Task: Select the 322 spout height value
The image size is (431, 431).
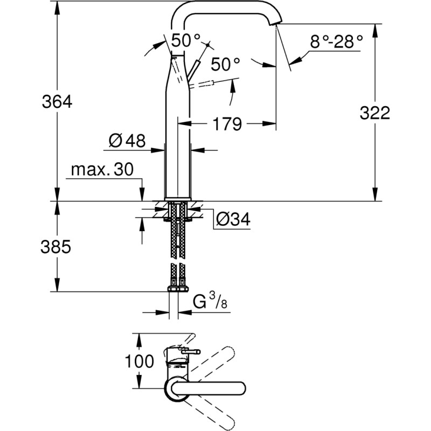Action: [x=374, y=113]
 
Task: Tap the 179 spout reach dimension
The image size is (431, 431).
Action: [x=226, y=124]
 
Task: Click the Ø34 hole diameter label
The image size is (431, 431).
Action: [x=233, y=219]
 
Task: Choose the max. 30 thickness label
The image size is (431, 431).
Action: [x=102, y=171]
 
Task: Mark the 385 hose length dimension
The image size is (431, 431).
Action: [x=57, y=247]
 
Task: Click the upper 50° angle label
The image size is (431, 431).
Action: [x=186, y=39]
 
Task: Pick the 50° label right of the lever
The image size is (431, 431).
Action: [x=225, y=65]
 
